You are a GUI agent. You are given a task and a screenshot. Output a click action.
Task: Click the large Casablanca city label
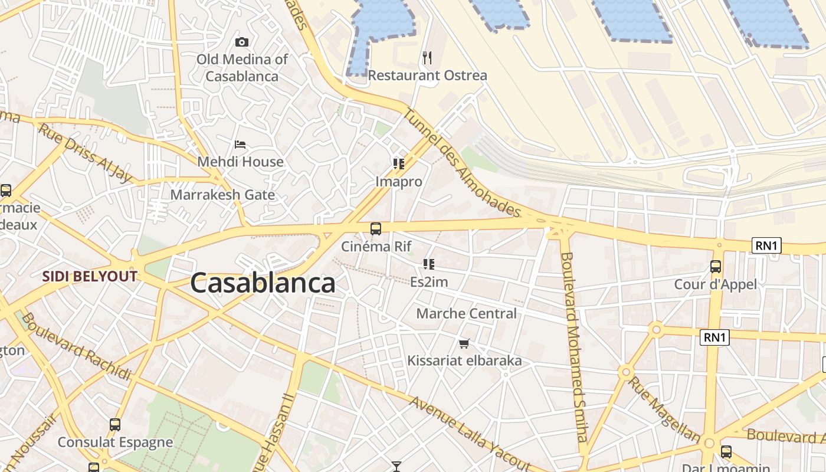263,283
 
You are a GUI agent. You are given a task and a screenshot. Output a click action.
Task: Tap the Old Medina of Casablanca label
242,68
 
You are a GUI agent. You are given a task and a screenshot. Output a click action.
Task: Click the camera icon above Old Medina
241,42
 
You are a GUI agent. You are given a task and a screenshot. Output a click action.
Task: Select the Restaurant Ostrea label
428,76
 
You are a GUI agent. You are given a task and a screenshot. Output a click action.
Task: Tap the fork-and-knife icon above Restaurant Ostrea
428,58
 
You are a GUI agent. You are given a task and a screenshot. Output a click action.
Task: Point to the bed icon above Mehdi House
240,144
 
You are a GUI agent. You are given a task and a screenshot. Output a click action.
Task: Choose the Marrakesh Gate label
222,195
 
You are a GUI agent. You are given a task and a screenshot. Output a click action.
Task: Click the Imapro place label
399,182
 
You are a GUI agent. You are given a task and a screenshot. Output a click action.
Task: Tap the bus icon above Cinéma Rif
375,229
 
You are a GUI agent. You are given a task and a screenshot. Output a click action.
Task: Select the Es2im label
429,282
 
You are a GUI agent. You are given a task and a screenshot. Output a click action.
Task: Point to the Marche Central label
466,313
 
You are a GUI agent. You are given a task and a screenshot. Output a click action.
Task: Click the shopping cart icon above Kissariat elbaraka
464,343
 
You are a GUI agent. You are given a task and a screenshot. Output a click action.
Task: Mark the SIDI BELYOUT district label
90,276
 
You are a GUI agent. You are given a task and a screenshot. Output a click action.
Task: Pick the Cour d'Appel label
716,284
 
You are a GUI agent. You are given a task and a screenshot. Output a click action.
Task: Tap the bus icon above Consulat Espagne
115,425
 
